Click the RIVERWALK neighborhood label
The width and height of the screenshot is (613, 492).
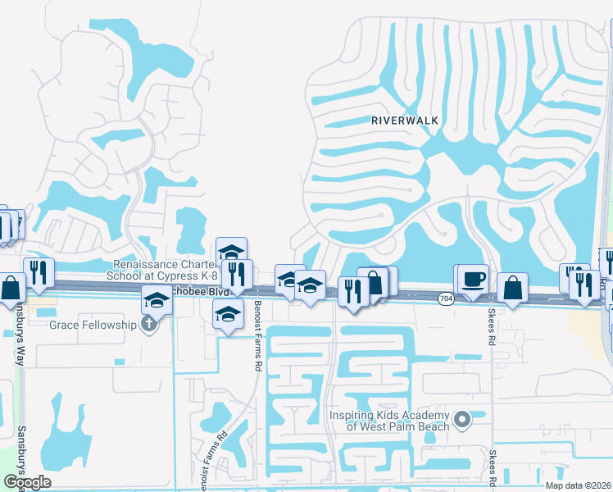point(405,121)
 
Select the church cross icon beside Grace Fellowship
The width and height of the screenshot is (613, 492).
point(148,325)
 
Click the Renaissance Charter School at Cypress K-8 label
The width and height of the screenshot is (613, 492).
point(164,270)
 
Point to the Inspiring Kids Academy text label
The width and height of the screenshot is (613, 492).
point(389,421)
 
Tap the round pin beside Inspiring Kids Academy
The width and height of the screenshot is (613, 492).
point(462,421)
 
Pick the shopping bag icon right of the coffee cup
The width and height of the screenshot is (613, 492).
point(512,287)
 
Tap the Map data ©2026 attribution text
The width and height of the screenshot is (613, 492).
point(579,485)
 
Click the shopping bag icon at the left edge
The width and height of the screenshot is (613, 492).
point(11,287)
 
